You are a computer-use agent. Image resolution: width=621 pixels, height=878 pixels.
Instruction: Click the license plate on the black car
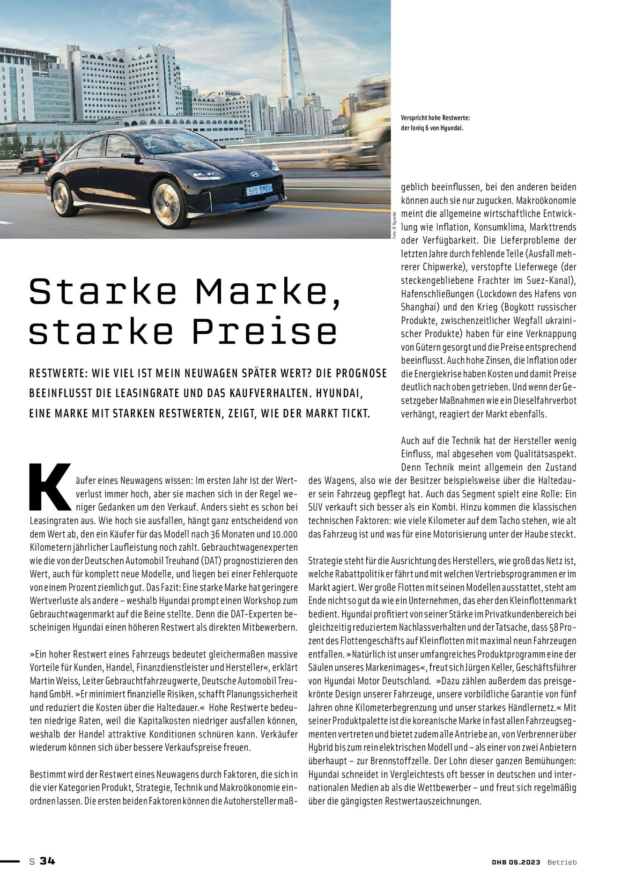259,191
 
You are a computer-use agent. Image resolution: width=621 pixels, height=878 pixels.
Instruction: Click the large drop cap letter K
50,487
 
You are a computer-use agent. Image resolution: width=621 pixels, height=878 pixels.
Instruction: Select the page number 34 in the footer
47,861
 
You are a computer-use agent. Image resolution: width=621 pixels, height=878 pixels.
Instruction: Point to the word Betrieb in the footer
562,862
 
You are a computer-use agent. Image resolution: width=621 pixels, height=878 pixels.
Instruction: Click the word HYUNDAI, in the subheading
340,393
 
